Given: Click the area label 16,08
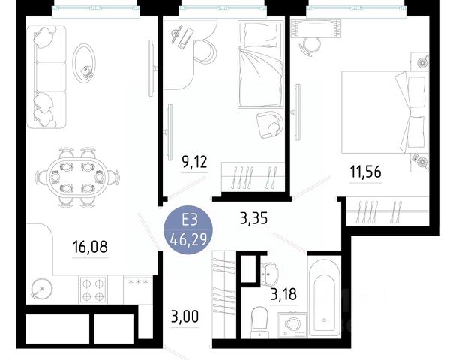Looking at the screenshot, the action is tap(91, 247).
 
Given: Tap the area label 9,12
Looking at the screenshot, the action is tap(194, 162).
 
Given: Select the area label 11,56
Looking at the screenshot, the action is tap(366, 172).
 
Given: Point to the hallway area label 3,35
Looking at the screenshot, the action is tap(254, 218).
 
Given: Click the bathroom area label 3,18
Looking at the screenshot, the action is tap(283, 294).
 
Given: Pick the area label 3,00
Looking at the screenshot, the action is tap(184, 316).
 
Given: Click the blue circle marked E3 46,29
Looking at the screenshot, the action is tap(188, 229).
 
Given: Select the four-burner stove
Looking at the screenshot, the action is tap(93, 289).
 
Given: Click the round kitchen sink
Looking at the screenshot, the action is tap(42, 288).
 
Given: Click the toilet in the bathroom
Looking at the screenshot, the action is tap(259, 322).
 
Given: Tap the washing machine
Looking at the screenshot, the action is tap(292, 325).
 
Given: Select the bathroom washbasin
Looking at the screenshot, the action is tap(269, 271).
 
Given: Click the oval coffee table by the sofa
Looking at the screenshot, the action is tap(84, 64).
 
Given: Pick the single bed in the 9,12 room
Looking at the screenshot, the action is tap(260, 64).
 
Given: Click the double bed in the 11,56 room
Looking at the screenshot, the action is tap(385, 112).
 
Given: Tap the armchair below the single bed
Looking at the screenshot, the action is tap(269, 124).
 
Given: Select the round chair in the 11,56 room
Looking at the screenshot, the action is tap(310, 46).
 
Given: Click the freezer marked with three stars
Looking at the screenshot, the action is tap(138, 289).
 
